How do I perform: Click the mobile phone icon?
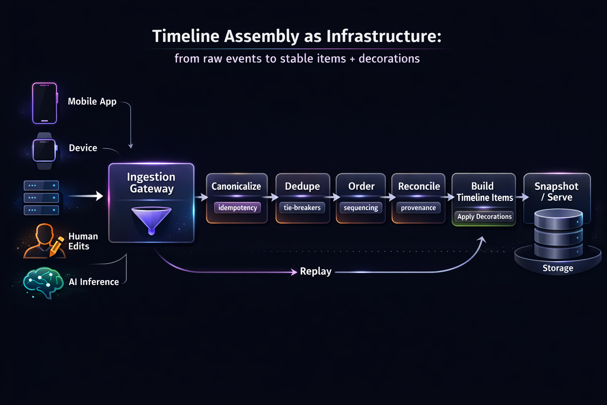tap(45, 103)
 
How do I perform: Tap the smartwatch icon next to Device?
tap(44, 151)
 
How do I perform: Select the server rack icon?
tap(41, 197)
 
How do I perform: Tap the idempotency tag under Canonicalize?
tap(238, 208)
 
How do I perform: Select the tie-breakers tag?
tap(302, 208)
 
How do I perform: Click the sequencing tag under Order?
tap(361, 208)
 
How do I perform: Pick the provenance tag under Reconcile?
tap(418, 208)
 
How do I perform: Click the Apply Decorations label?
tap(484, 216)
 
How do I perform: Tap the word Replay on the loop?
tap(315, 271)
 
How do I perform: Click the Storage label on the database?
tap(558, 268)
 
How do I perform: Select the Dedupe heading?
tap(302, 186)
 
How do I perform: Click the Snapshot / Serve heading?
tap(556, 191)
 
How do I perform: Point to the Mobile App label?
tap(92, 102)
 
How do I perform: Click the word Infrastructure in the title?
tap(384, 36)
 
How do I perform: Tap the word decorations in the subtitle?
tap(389, 59)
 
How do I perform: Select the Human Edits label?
tap(83, 241)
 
